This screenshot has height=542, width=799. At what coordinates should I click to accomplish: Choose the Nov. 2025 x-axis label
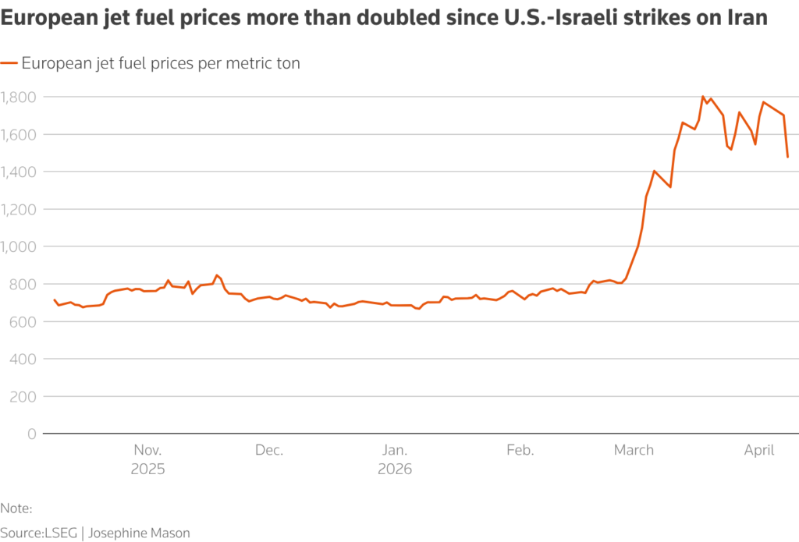pos(148,459)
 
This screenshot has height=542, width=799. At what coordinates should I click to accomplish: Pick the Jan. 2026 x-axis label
pos(395,459)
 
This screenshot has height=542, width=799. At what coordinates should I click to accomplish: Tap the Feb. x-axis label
pos(520,450)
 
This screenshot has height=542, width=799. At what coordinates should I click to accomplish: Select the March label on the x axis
pos(634,450)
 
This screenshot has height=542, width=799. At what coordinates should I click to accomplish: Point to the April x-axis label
pos(759,450)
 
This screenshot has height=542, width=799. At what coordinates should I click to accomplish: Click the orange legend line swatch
pos(9,64)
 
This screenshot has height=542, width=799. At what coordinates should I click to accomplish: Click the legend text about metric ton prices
pos(161,64)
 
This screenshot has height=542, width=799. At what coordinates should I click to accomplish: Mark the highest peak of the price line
pos(703,97)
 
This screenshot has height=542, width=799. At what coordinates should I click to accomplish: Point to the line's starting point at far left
pos(54,299)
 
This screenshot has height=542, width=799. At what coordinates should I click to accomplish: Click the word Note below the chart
pos(15,508)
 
